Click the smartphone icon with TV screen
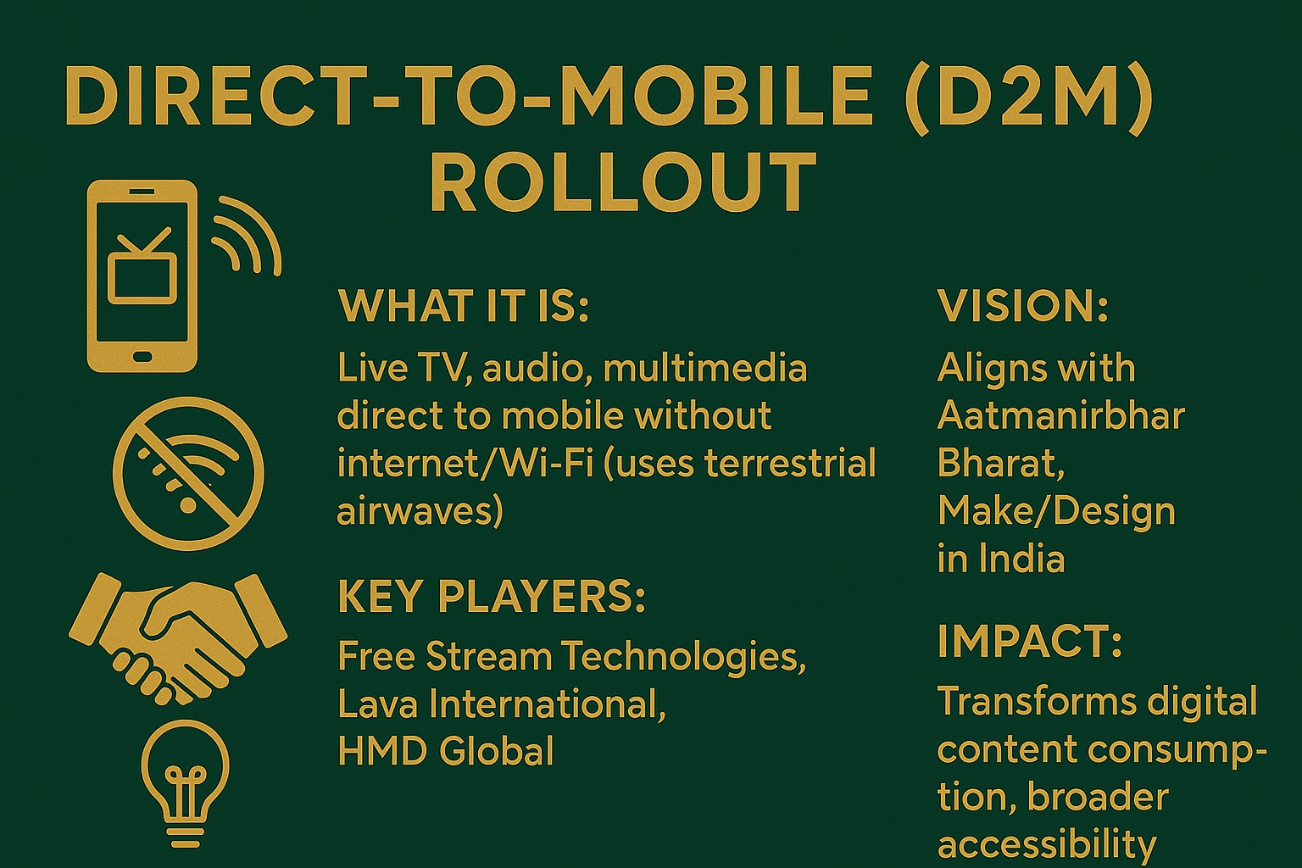pyautogui.click(x=142, y=275)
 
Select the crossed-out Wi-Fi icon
pyautogui.click(x=188, y=473)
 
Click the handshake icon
pyautogui.click(x=178, y=636)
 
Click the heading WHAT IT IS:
pyautogui.click(x=463, y=306)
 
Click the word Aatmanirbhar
pyautogui.click(x=1060, y=415)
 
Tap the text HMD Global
pyautogui.click(x=446, y=751)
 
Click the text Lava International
pyautogui.click(x=501, y=704)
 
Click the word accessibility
pyautogui.click(x=1047, y=844)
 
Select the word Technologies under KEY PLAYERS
pyautogui.click(x=683, y=656)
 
